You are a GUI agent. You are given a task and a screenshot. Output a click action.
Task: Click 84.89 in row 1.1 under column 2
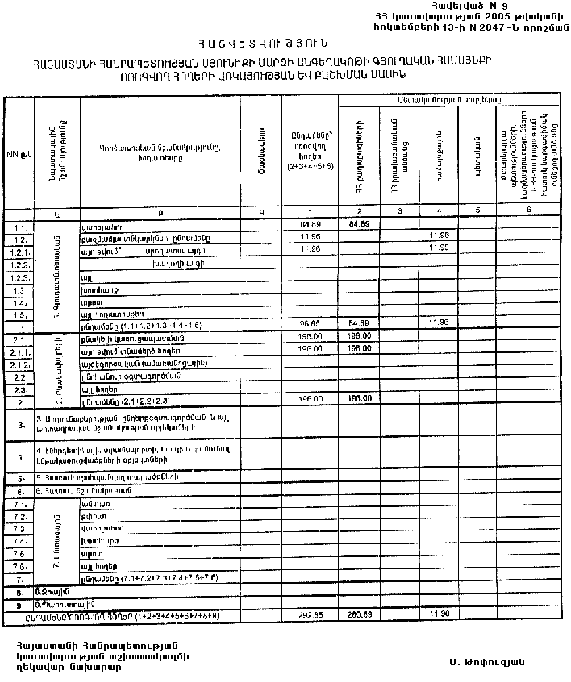tap(360, 223)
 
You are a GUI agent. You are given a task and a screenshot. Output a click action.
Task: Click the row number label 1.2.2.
tap(22, 264)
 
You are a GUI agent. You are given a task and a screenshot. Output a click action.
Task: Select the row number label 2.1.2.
tap(22, 364)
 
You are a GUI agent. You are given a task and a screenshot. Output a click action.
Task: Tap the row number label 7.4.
tap(22, 541)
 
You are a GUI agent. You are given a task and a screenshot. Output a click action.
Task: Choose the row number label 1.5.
tap(22, 314)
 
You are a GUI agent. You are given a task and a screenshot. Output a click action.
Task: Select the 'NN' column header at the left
tap(16, 152)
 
